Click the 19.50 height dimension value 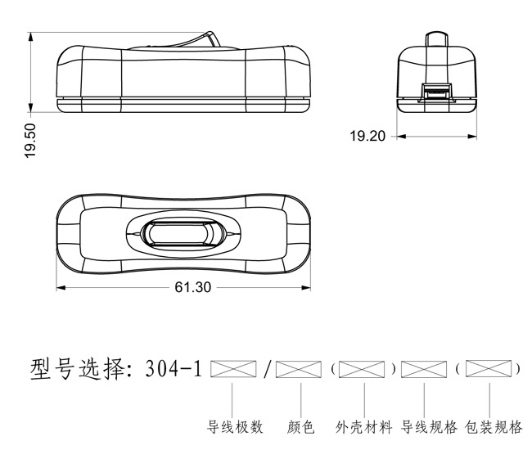point(30,141)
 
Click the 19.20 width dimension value point(367,136)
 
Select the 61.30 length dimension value point(192,287)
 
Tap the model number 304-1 point(174,369)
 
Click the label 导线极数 point(235,427)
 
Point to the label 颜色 point(300,427)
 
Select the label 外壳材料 point(363,427)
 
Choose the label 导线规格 point(429,427)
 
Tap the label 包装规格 point(494,427)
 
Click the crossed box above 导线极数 point(233,369)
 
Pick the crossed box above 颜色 point(299,369)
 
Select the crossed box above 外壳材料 point(362,369)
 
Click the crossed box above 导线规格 point(424,369)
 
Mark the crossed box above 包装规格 point(489,369)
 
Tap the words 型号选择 point(78,369)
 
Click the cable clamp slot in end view point(437,91)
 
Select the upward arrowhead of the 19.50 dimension point(30,37)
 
